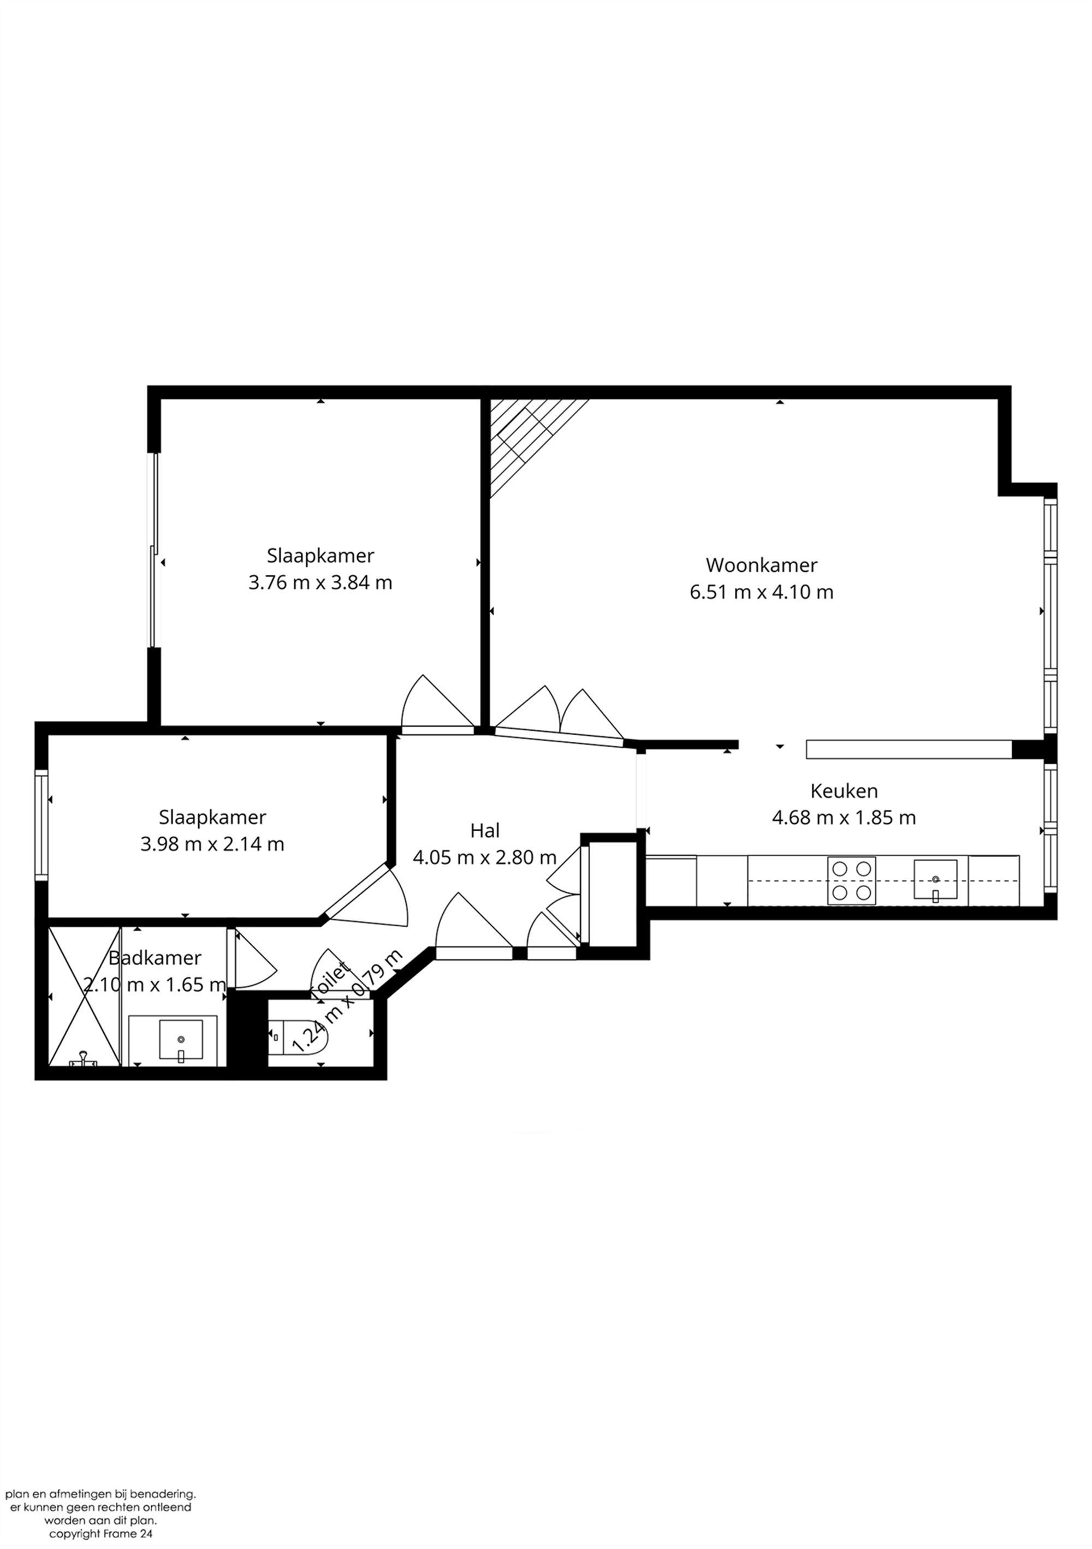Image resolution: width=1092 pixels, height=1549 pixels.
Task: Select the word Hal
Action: coord(485,831)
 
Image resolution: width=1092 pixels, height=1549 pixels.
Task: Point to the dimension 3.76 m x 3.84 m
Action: coord(320,582)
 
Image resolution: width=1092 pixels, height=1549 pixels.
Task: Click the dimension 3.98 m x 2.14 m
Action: coord(212,844)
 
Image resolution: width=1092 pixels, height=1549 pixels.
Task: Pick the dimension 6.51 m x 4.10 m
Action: coord(761,592)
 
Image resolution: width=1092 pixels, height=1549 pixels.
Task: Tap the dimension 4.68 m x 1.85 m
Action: coord(843,818)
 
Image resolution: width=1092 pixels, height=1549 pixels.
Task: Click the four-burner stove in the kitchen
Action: coord(851,880)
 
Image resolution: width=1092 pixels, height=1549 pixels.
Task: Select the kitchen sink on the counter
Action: coord(935,879)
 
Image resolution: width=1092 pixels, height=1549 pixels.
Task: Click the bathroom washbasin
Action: coord(180,1040)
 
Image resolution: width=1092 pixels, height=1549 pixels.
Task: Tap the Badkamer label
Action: coord(155,958)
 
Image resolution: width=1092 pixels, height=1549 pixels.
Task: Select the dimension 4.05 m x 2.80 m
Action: coord(485,857)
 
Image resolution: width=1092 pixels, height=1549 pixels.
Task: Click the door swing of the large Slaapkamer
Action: coord(432,705)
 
